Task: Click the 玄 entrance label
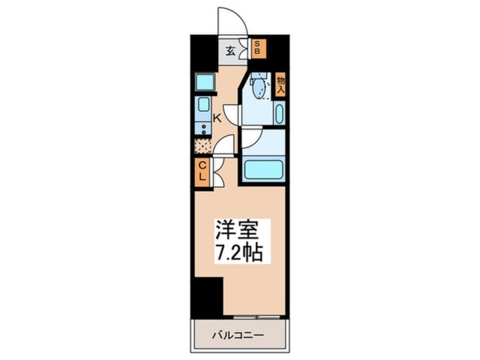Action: tap(230, 50)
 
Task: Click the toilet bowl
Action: tap(258, 88)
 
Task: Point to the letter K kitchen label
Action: tap(217, 118)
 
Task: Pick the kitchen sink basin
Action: tap(203, 104)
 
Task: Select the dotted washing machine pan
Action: tap(202, 146)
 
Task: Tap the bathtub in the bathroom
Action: tap(262, 169)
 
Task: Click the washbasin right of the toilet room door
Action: tap(279, 114)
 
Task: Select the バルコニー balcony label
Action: tap(239, 334)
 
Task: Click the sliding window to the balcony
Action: tap(257, 315)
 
